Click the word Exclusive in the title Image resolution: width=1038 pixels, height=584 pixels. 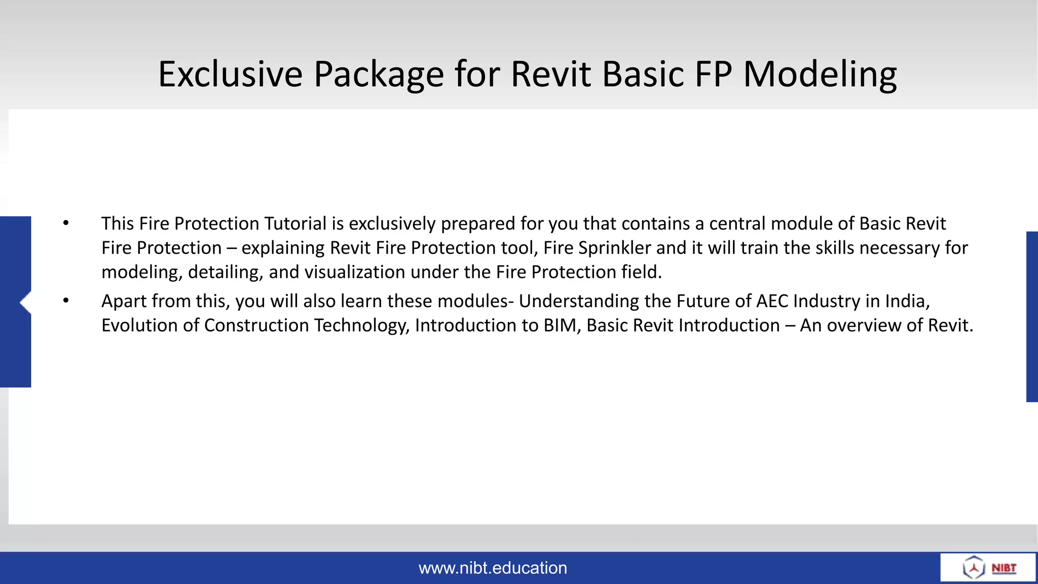point(231,74)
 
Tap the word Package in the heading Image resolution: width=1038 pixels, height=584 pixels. point(379,74)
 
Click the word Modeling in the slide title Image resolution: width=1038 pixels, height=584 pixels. point(820,74)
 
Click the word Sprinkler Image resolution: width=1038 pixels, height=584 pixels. point(615,248)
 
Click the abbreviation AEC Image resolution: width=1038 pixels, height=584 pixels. point(772,301)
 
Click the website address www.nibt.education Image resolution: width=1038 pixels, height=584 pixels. point(493,568)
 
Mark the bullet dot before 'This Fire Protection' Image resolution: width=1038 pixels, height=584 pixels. point(66,223)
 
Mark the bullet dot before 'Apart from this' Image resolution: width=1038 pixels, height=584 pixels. point(66,301)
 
